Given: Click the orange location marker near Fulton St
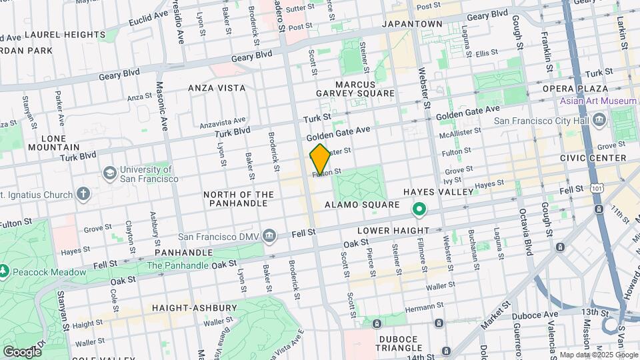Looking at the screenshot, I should tap(320, 159).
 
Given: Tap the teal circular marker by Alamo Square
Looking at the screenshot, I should tap(419, 210).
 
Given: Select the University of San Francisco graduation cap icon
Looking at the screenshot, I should tap(108, 173).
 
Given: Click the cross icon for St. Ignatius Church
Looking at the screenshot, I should tap(83, 194).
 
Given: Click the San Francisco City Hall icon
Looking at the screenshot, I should tap(598, 121).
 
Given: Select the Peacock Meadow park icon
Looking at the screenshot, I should tap(4, 271).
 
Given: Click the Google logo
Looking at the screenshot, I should tap(22, 351).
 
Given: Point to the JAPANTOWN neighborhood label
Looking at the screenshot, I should tap(411, 24).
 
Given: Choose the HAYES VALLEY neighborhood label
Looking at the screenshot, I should tap(446, 192).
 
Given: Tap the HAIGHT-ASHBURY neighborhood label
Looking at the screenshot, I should tap(194, 308).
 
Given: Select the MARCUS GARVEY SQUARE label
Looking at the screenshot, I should tap(365, 89).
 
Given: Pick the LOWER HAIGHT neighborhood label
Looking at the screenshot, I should tap(393, 231).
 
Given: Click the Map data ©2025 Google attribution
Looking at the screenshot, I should tap(597, 355).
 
